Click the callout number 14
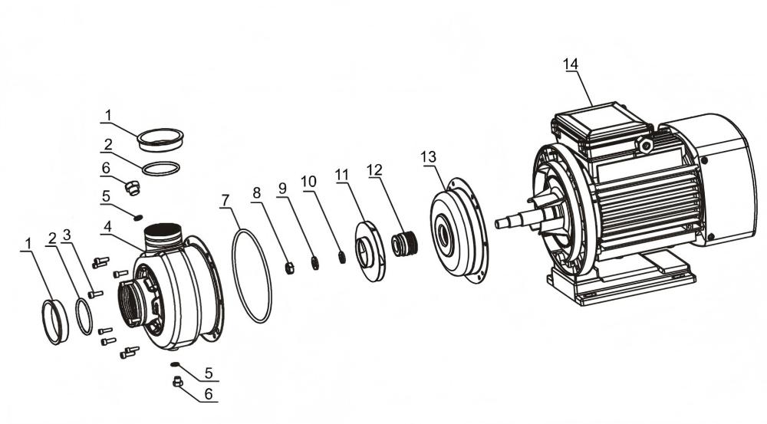(x=571, y=64)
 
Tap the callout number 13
(x=428, y=157)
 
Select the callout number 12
(x=375, y=170)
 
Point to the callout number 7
(x=225, y=201)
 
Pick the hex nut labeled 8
(x=289, y=268)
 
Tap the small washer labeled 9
(x=315, y=263)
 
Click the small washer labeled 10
(x=342, y=257)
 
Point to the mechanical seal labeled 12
(x=404, y=244)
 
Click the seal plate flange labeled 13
(x=459, y=231)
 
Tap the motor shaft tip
(x=499, y=224)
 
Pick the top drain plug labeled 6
(x=132, y=187)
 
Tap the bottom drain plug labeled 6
(x=178, y=382)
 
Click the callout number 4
(x=107, y=227)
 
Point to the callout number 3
(x=67, y=235)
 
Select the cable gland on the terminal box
(x=645, y=144)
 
